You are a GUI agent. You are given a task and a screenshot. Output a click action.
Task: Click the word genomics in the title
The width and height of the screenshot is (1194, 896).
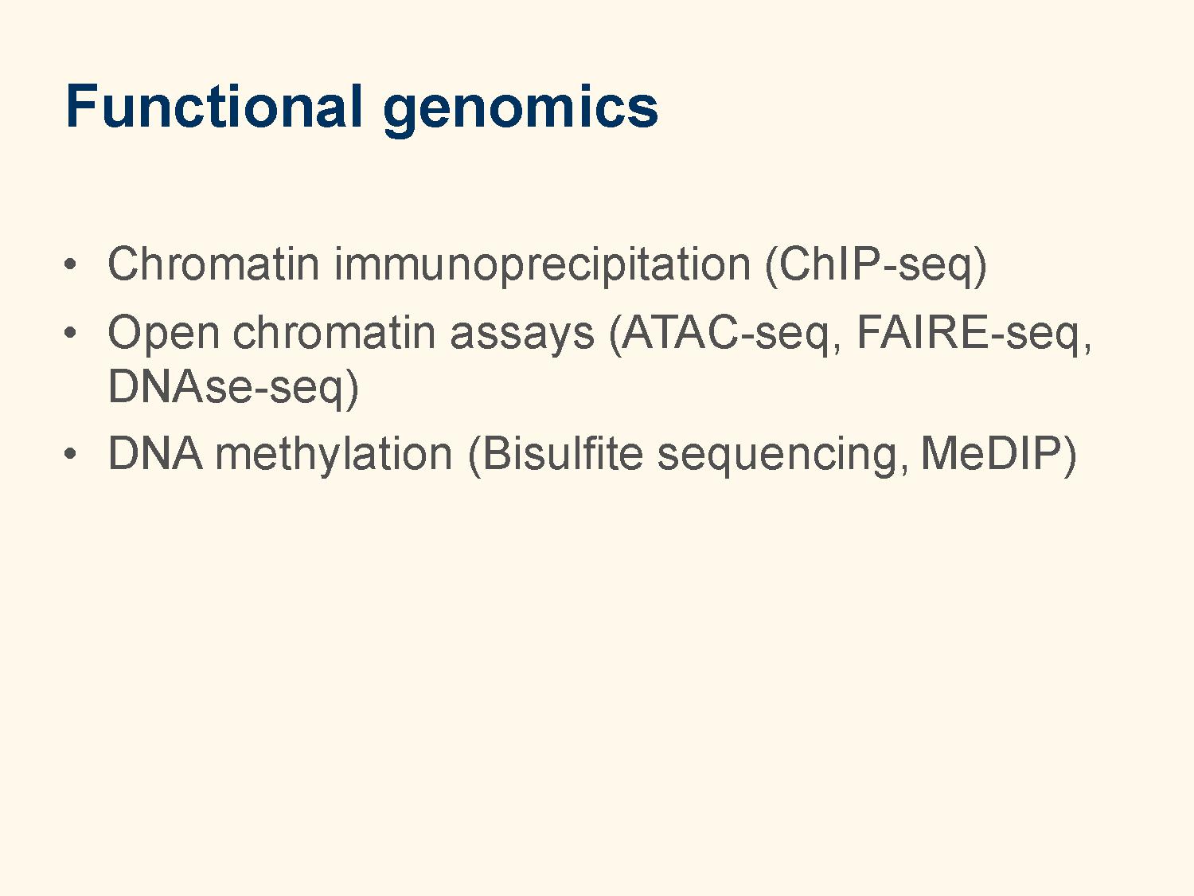pyautogui.click(x=521, y=111)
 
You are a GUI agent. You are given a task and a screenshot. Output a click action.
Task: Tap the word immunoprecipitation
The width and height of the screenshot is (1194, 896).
pyautogui.click(x=542, y=265)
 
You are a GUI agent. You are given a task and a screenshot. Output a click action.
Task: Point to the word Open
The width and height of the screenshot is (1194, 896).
pyautogui.click(x=163, y=334)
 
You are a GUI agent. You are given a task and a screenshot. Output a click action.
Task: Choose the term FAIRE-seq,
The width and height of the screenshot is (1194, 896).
pyautogui.click(x=974, y=334)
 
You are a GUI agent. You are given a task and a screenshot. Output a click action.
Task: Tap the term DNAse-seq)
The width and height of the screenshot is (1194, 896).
pyautogui.click(x=233, y=388)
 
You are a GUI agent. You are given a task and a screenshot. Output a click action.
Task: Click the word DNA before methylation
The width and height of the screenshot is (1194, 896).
pyautogui.click(x=155, y=453)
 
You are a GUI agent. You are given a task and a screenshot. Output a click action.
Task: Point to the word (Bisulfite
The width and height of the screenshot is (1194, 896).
pyautogui.click(x=556, y=455)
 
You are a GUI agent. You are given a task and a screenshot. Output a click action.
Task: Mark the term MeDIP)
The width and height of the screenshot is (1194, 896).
pyautogui.click(x=999, y=455)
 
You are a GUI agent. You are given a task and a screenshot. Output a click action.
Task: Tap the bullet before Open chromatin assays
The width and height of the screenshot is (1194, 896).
pyautogui.click(x=70, y=332)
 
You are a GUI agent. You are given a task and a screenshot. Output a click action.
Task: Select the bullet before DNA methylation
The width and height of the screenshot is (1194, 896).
pyautogui.click(x=70, y=453)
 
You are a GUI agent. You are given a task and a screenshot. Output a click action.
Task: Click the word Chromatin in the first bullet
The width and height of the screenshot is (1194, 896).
pyautogui.click(x=213, y=264)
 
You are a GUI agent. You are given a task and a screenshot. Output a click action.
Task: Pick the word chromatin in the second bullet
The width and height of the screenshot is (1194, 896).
pyautogui.click(x=334, y=332)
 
